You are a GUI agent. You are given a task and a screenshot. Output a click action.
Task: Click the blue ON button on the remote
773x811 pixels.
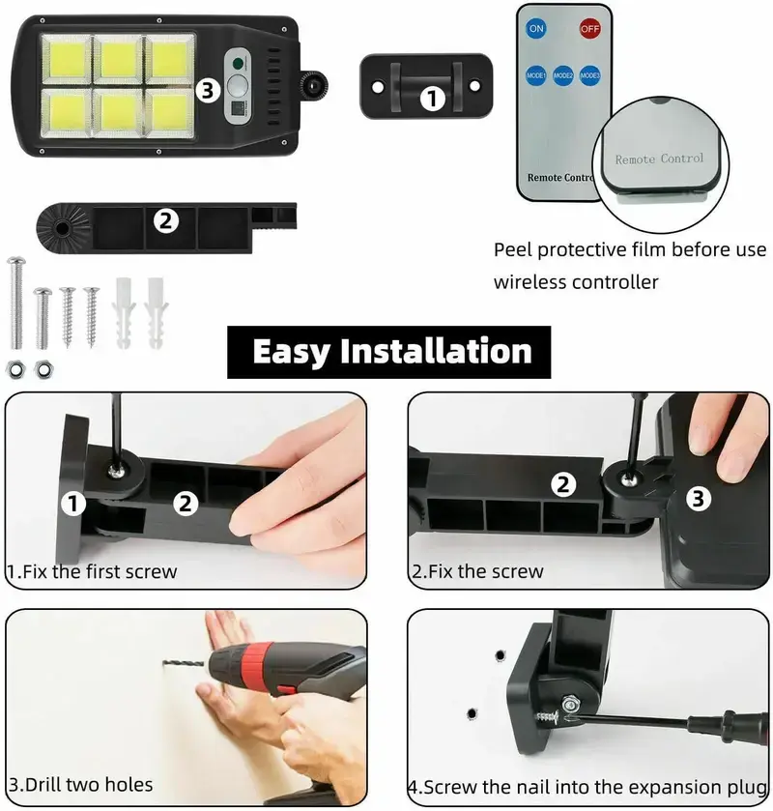click(536, 28)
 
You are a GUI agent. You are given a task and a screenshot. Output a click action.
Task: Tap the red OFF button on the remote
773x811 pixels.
click(589, 28)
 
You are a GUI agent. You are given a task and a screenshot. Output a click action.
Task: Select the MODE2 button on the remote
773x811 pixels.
click(562, 75)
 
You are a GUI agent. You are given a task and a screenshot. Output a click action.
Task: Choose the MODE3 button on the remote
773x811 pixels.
click(589, 75)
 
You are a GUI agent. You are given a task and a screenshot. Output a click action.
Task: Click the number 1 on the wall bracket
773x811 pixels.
click(432, 99)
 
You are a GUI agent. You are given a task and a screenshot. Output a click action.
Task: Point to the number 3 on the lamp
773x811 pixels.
click(208, 91)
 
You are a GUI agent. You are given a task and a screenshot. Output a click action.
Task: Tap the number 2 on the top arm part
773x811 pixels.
click(166, 221)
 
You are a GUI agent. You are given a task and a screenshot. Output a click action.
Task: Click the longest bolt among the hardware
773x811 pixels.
click(16, 303)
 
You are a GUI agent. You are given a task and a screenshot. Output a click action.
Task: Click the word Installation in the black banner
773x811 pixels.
click(436, 352)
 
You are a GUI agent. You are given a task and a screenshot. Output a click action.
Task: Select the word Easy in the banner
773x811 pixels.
click(291, 353)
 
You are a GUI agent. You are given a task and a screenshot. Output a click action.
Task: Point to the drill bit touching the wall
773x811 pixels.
click(186, 664)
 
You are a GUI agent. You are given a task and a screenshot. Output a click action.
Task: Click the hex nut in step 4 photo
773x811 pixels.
click(570, 704)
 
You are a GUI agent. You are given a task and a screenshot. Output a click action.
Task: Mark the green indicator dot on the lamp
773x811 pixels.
click(238, 64)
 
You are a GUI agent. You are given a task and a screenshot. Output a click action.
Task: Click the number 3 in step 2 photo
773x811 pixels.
click(698, 499)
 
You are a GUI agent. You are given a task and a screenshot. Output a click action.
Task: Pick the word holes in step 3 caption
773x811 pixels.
click(129, 785)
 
